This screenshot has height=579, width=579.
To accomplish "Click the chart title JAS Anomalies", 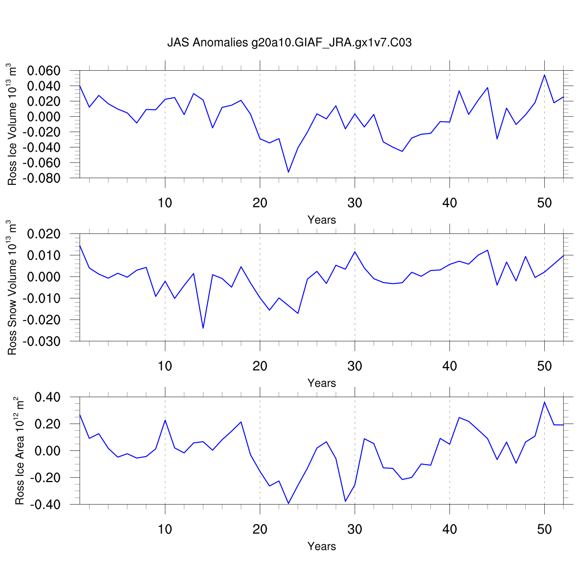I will [x=289, y=42].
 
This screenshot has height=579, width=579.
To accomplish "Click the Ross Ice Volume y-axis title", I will [x=12, y=124].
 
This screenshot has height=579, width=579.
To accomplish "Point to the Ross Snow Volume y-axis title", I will [x=12, y=288].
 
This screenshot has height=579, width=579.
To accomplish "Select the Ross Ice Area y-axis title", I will [x=19, y=451].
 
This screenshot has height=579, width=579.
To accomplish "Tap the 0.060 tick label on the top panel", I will [x=44, y=71].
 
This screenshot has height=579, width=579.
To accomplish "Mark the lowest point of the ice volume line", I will [x=288, y=172].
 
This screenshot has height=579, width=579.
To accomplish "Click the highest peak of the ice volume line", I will [x=544, y=75].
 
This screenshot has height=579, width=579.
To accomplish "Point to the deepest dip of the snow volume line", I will [x=203, y=328].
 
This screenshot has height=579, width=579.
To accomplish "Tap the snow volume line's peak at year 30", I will [x=355, y=252].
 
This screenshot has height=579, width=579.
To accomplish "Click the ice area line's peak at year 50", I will [x=544, y=402].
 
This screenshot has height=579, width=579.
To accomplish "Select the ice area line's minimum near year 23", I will [x=288, y=503].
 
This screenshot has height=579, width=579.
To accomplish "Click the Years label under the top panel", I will [x=322, y=220].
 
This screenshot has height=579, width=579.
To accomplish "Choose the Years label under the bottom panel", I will [x=322, y=547].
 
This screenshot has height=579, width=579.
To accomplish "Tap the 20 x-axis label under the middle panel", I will [x=260, y=366].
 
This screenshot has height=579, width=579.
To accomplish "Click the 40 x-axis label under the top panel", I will [x=450, y=203].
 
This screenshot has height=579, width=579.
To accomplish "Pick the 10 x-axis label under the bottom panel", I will [x=165, y=529].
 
